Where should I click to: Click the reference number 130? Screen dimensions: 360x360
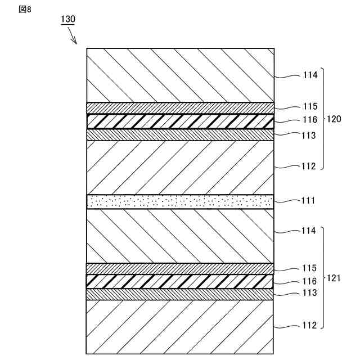[x=67, y=19]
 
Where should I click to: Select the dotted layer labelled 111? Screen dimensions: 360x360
[x=180, y=201]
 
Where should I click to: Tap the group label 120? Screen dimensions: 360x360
[x=334, y=119]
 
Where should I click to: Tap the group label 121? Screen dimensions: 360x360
[x=334, y=278]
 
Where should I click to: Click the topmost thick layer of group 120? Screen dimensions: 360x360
[x=180, y=75]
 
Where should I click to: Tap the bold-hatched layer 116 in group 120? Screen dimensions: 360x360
[x=180, y=121]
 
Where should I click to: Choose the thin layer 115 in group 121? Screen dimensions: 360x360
[x=180, y=268]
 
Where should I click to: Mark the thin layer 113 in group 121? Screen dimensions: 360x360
[x=180, y=294]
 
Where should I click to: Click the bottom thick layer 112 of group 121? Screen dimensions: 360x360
[x=180, y=326]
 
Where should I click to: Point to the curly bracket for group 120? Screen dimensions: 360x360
[x=322, y=119]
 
